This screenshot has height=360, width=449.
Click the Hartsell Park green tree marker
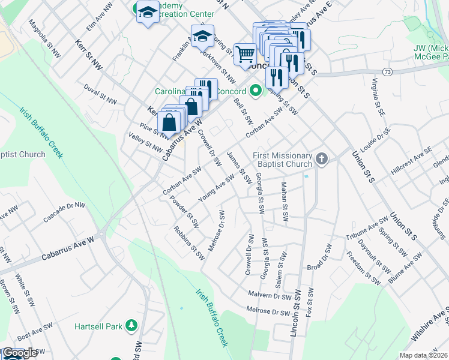click(131, 326)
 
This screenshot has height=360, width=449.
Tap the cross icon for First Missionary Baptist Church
click(322, 159)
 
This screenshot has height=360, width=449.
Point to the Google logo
click(20, 353)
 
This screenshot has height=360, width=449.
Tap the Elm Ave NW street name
click(100, 17)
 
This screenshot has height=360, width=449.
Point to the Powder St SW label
click(184, 212)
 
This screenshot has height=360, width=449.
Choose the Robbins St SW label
click(189, 242)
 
